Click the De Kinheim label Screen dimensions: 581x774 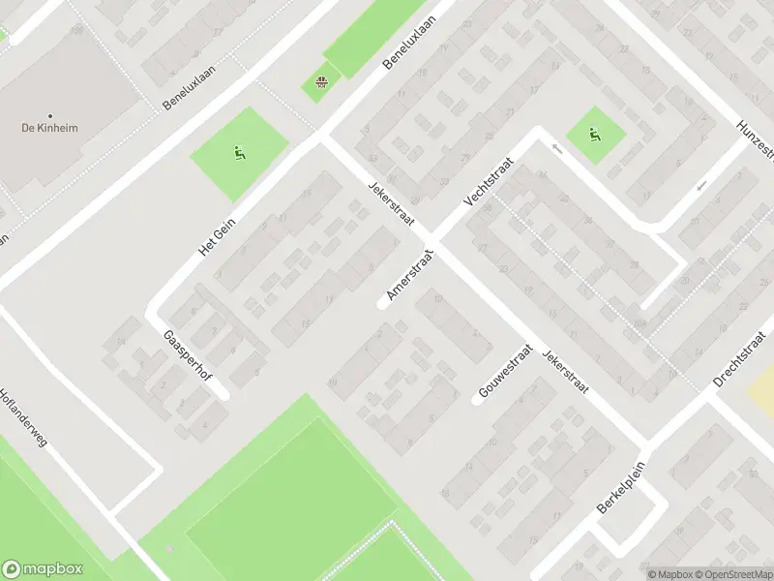(x=49, y=127)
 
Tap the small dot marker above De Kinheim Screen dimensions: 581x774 (x=49, y=112)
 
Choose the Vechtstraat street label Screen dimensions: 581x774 (x=486, y=184)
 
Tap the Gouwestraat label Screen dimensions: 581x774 (x=505, y=373)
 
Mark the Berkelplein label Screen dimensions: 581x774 (x=620, y=493)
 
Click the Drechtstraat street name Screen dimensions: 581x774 (x=743, y=358)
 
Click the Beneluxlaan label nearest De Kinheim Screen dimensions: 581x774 (x=188, y=83)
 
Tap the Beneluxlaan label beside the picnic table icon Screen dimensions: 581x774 (x=405, y=43)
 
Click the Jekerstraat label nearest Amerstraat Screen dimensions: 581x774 (x=391, y=204)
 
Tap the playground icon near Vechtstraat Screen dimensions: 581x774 (x=594, y=135)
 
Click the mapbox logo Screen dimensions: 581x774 (x=43, y=569)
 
